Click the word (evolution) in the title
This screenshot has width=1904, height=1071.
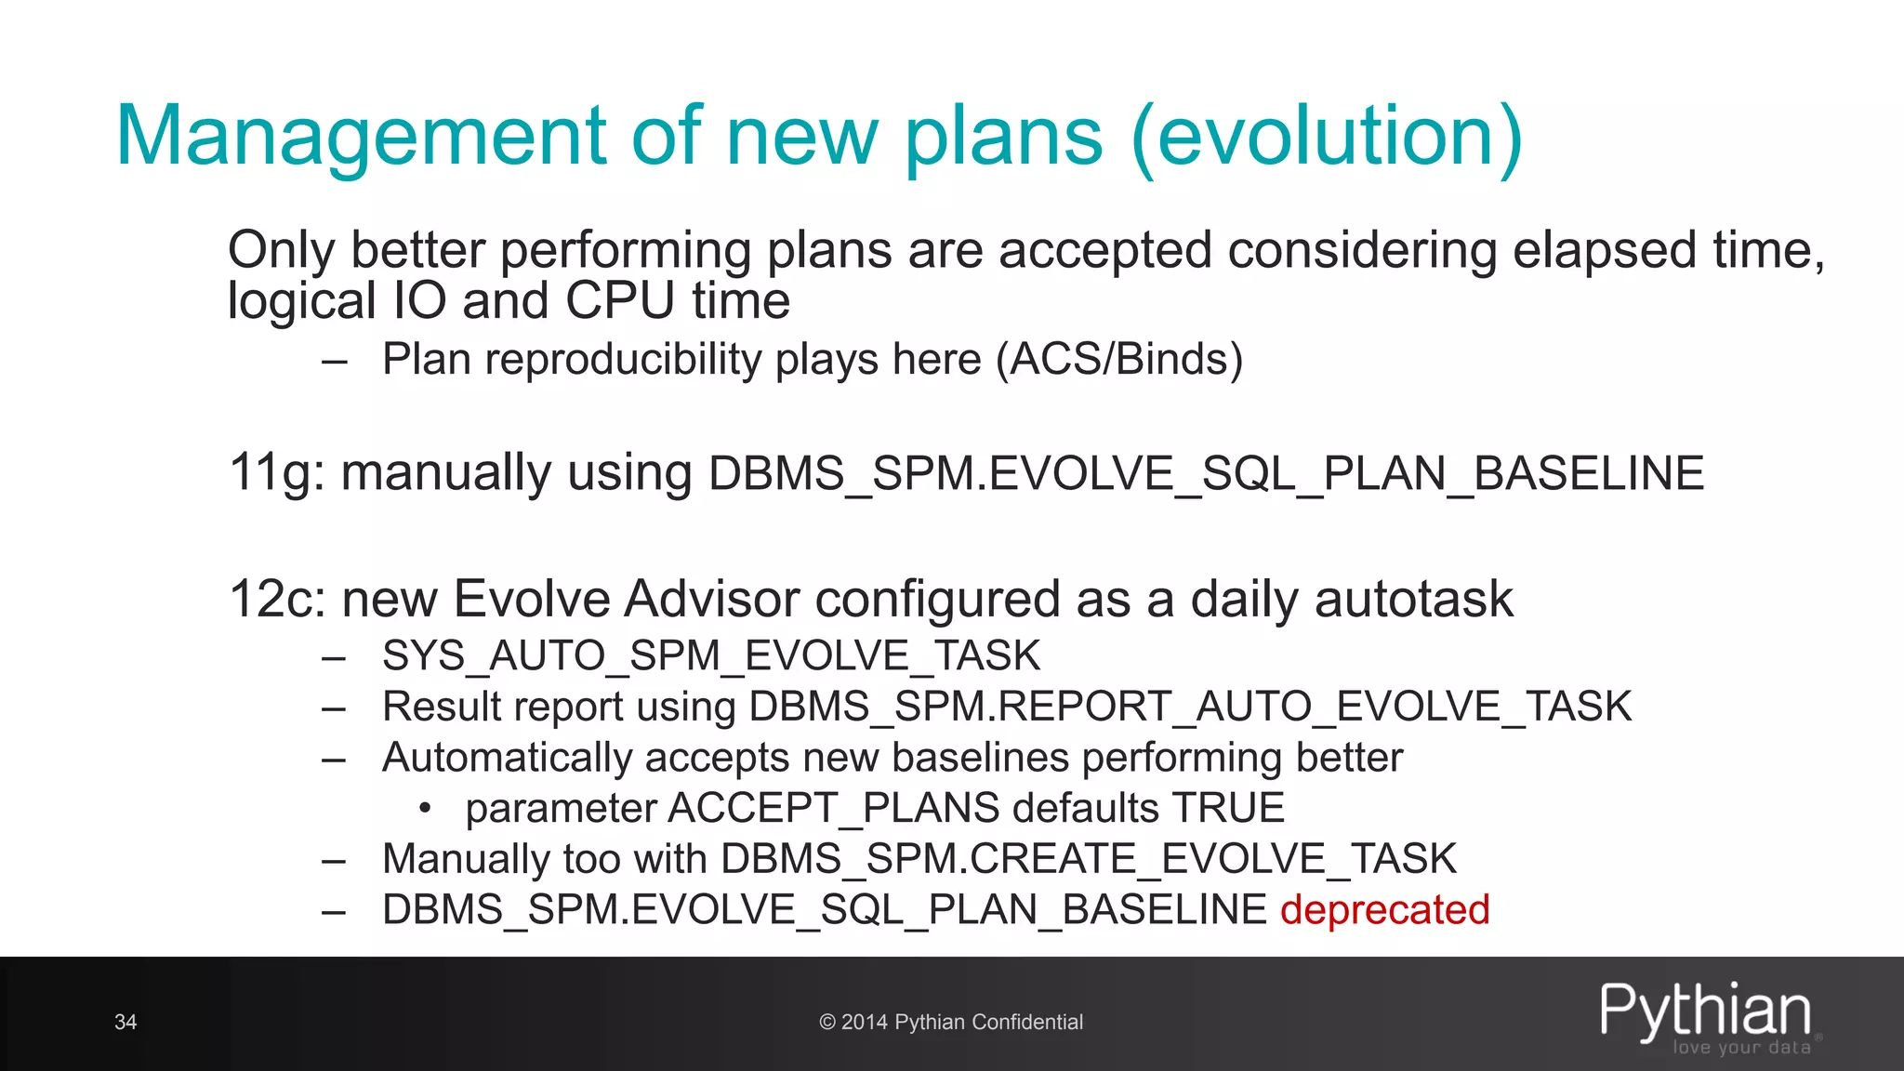tap(1327, 137)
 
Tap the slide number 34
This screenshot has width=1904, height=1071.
tap(126, 1022)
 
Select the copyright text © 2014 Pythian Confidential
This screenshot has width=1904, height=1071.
tap(951, 1022)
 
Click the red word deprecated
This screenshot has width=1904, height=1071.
tap(1384, 909)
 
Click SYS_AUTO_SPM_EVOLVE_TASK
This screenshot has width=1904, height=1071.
tap(711, 656)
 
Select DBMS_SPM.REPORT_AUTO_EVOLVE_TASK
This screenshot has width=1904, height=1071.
tap(1190, 707)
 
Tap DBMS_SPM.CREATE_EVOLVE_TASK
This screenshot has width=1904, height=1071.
tap(1088, 859)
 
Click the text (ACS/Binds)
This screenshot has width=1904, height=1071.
tap(1118, 360)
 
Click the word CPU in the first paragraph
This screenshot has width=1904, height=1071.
tap(619, 301)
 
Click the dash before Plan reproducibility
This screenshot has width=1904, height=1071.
tap(334, 361)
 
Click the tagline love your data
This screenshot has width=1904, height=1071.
tap(1741, 1048)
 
